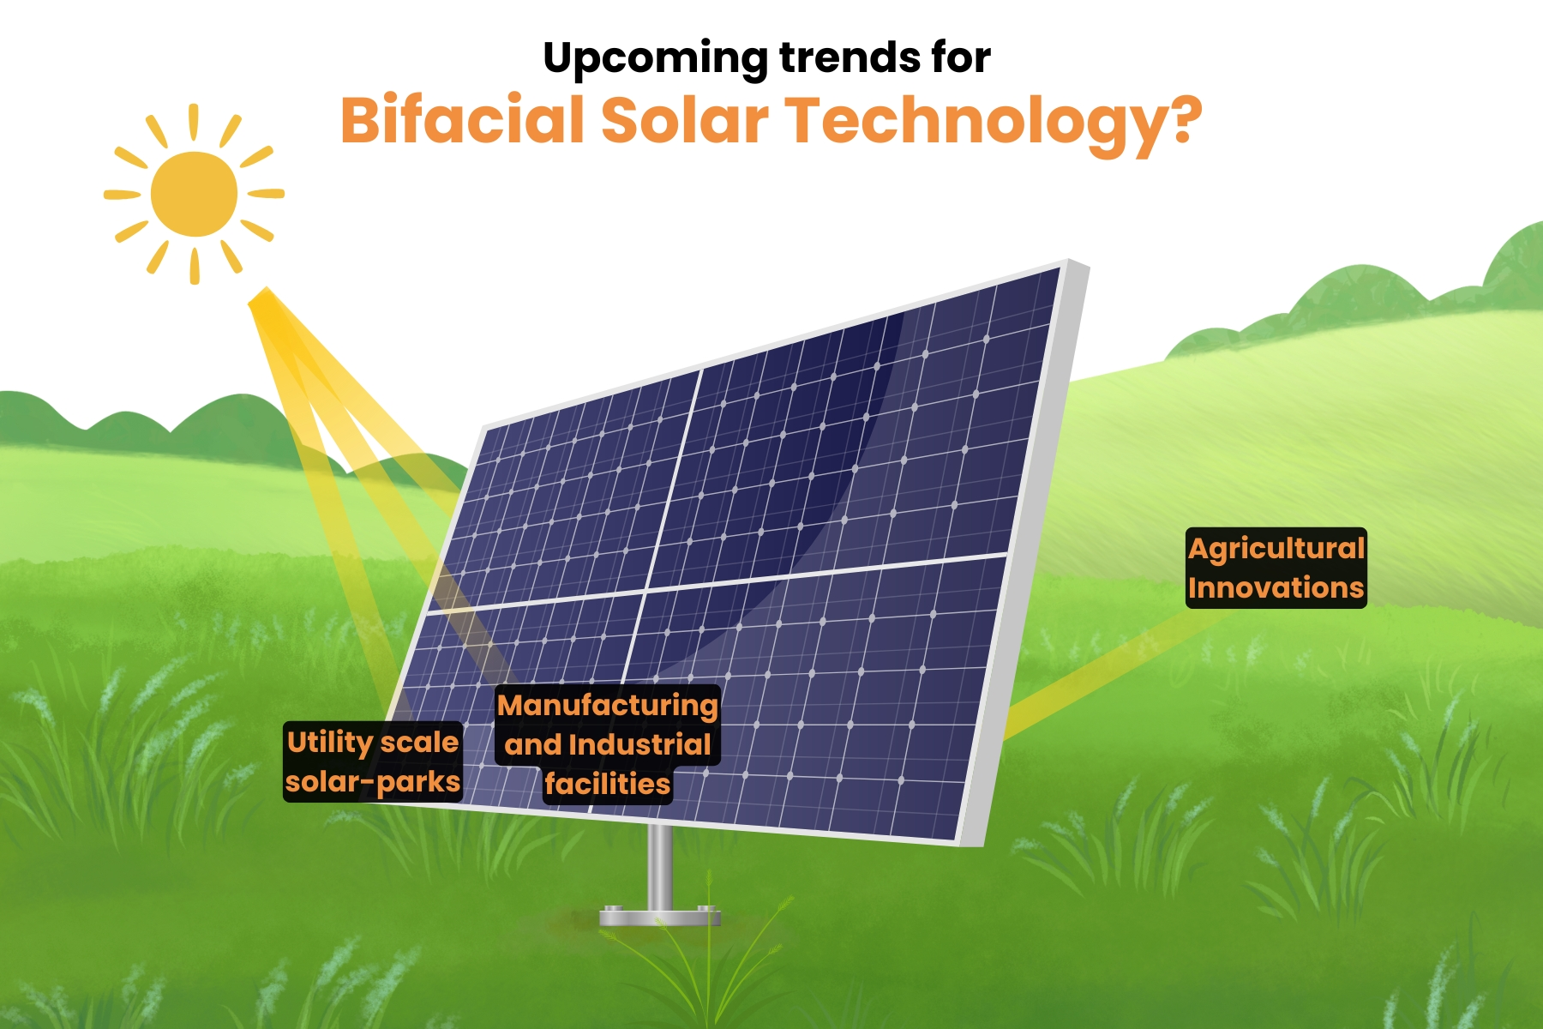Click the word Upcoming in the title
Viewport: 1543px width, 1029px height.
[x=656, y=59]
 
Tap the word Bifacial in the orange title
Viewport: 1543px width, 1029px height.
[x=463, y=119]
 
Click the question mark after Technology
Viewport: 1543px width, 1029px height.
[x=1186, y=119]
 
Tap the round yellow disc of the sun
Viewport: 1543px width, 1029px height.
[x=195, y=194]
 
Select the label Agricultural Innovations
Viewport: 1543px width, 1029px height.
[x=1276, y=569]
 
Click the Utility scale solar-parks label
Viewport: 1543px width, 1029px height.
[x=373, y=761]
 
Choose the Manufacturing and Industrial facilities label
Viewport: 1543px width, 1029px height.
[x=608, y=743]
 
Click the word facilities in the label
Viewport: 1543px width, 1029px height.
[x=608, y=784]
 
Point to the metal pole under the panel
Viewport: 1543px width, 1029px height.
[x=659, y=866]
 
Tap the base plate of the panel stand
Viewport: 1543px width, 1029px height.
[x=659, y=917]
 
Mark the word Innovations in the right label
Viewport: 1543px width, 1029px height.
[x=1276, y=588]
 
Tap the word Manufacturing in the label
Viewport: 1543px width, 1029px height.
[x=608, y=706]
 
